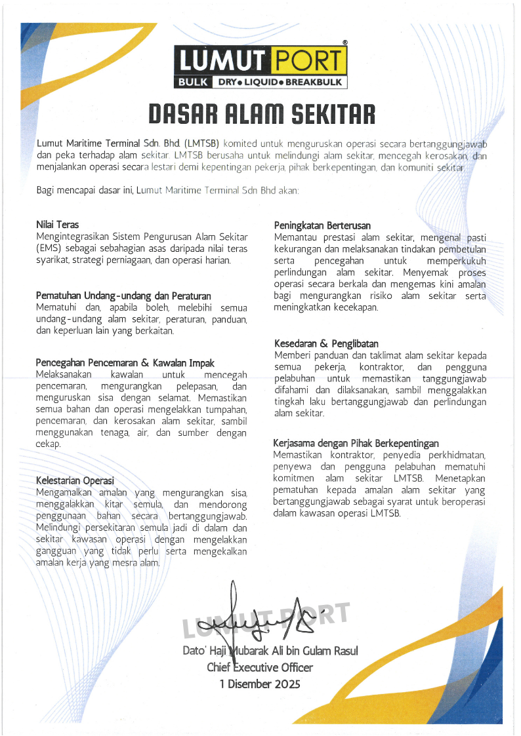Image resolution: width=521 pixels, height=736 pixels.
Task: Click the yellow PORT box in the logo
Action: click(x=307, y=62)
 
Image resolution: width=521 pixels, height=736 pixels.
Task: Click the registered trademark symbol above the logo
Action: click(x=345, y=43)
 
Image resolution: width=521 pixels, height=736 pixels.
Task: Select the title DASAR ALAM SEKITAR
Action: click(x=260, y=115)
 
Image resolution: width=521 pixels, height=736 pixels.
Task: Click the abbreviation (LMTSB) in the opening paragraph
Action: click(x=201, y=143)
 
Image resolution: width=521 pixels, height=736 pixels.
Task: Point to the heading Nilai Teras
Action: click(x=58, y=225)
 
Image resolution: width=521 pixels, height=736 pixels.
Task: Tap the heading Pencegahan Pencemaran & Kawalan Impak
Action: click(x=125, y=362)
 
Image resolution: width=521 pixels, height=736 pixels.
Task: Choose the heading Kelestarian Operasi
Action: click(x=75, y=480)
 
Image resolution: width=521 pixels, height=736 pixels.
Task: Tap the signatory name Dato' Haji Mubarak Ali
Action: click(x=270, y=651)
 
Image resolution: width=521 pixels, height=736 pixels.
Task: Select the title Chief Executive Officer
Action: click(x=260, y=668)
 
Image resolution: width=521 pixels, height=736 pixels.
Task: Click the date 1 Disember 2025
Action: click(x=260, y=684)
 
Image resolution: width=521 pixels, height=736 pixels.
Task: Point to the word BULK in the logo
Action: click(x=192, y=83)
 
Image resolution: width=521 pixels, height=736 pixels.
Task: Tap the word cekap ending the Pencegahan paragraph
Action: click(x=47, y=444)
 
